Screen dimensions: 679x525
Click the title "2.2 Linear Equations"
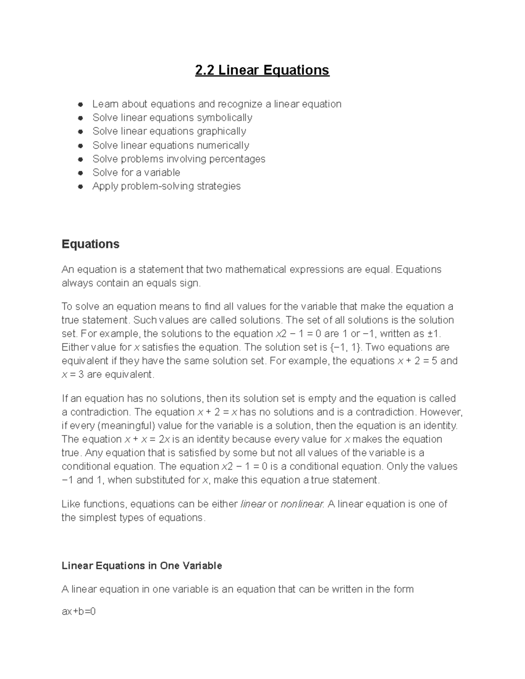click(x=262, y=70)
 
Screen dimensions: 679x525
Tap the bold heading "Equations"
click(x=91, y=244)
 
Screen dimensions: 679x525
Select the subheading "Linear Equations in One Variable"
click(x=142, y=566)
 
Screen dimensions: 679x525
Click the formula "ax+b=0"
click(x=79, y=611)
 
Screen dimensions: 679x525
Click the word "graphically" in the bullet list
click(x=221, y=131)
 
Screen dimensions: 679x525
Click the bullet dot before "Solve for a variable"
click(x=80, y=173)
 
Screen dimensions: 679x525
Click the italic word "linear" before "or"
click(x=253, y=504)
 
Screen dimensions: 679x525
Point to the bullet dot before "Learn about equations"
click(x=80, y=104)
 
